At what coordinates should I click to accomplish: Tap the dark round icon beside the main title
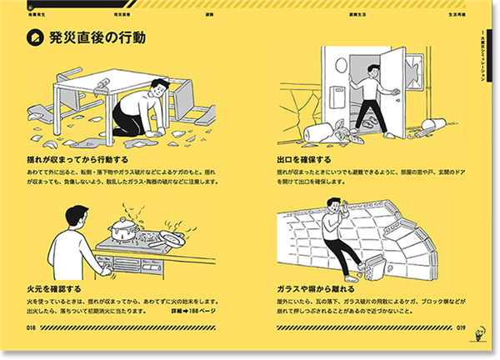click(36, 37)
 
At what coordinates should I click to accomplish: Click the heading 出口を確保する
click(304, 158)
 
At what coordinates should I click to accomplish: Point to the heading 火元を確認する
click(54, 288)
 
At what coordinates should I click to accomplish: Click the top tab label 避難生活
click(362, 14)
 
